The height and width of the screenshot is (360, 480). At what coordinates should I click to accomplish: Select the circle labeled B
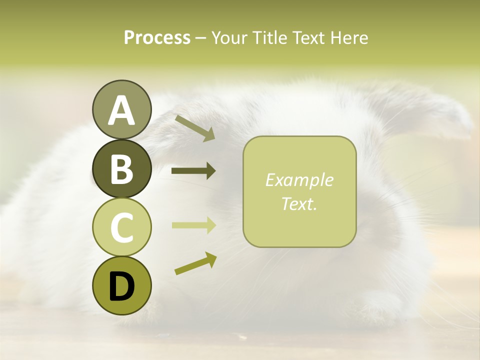(121, 168)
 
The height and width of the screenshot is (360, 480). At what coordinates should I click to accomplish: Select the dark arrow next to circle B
(193, 171)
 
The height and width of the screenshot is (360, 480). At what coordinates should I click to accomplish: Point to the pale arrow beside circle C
(193, 225)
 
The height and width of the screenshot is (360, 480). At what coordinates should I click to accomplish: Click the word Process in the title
(157, 37)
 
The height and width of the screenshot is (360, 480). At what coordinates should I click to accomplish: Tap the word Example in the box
(299, 180)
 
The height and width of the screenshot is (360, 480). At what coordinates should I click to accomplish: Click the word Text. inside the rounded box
(299, 203)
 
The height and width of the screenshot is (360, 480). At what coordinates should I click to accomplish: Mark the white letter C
(121, 227)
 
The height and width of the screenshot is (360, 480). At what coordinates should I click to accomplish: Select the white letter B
(121, 169)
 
